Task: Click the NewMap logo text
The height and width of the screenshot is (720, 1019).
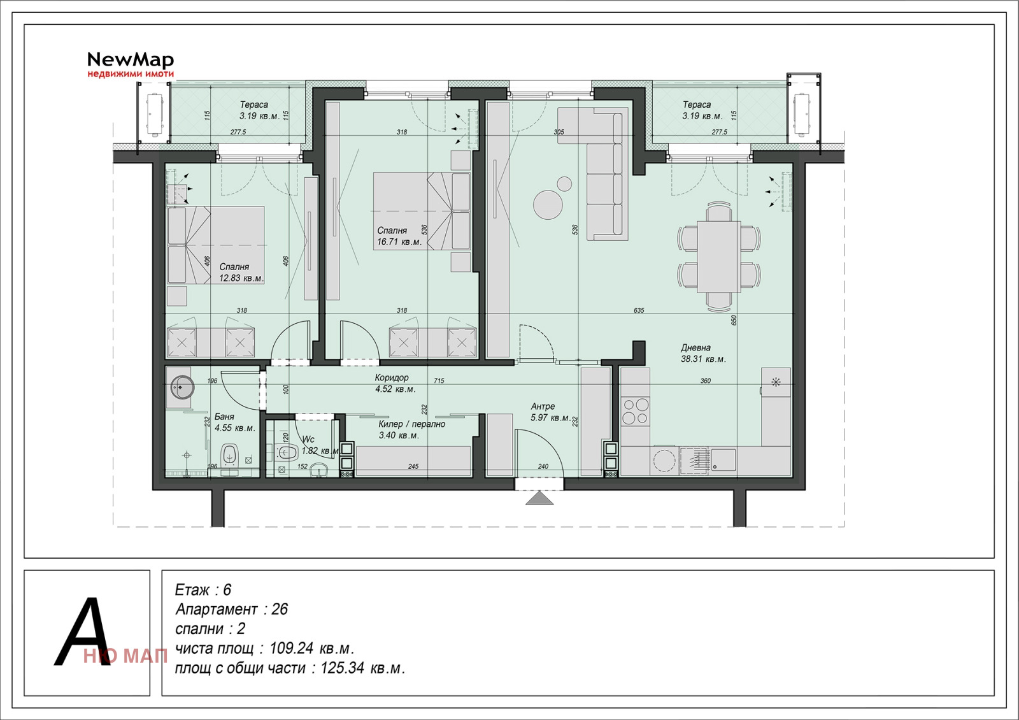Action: (x=130, y=60)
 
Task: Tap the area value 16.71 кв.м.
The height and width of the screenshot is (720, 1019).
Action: (x=399, y=242)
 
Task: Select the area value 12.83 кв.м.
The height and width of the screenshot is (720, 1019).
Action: (x=241, y=278)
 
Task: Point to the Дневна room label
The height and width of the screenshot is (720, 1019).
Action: (x=695, y=348)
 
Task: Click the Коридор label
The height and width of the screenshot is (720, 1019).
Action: (x=392, y=378)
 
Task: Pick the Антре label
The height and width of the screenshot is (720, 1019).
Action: (x=543, y=407)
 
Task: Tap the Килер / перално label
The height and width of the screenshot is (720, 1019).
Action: (x=411, y=424)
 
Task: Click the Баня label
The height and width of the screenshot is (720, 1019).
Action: (x=224, y=417)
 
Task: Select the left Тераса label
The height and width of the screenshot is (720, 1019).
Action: (x=253, y=104)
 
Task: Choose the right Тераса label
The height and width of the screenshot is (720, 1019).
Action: (x=697, y=104)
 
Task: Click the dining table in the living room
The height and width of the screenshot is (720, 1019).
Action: (x=718, y=256)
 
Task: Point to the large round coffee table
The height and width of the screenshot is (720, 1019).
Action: (x=548, y=205)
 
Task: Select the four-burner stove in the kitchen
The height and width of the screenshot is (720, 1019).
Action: (x=635, y=411)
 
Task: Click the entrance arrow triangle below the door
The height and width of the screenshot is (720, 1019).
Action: (x=539, y=498)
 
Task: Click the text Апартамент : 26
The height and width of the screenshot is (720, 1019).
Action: (x=232, y=610)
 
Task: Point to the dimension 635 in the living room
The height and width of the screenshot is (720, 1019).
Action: (x=639, y=310)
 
